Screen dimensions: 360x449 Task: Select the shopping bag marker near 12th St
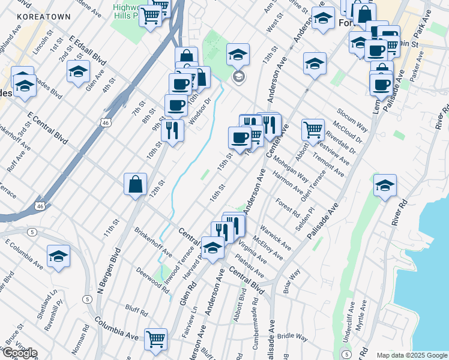point(136,184)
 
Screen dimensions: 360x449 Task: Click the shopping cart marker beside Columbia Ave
point(156,338)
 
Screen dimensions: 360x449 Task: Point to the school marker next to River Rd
point(385,185)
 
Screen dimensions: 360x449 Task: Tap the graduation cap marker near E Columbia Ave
point(58,256)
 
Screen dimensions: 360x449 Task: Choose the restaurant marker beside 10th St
point(172,130)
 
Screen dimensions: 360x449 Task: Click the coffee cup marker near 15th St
point(240,137)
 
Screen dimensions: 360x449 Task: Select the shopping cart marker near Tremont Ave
point(313,129)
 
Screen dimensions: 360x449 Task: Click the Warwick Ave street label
point(276,238)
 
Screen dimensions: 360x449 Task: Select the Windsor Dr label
point(201,109)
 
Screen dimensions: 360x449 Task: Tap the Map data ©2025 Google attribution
point(411,355)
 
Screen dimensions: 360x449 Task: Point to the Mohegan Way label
point(290,170)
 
